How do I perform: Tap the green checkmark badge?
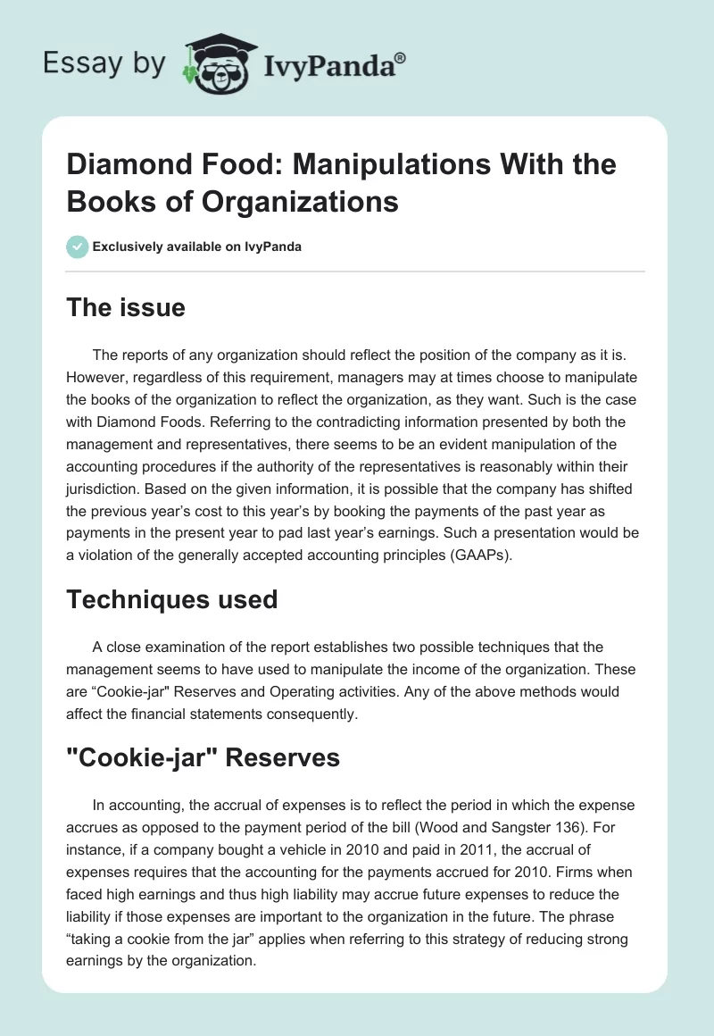click(x=78, y=246)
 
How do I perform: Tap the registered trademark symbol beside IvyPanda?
click(x=401, y=57)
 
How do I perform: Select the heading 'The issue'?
click(x=126, y=308)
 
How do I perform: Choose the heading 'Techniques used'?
click(x=171, y=600)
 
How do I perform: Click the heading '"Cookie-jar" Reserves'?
click(x=203, y=758)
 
